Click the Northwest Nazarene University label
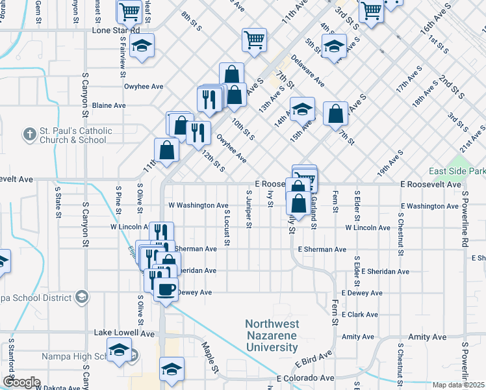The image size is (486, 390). pos(272,335)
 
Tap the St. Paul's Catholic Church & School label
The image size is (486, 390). pos(75,135)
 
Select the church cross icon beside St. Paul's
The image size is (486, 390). pos(29,135)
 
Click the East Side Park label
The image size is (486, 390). pos(455,171)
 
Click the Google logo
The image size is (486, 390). pos(21,382)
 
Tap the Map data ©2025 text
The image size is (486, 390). pos(459,385)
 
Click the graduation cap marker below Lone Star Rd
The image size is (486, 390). pos(141,46)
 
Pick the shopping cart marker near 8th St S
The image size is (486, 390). pos(254,39)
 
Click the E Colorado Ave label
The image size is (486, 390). pos(305,378)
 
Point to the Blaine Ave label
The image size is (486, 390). pos(109,105)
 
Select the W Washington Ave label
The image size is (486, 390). pos(198,205)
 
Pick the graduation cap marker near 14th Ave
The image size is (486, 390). pos(302,109)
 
